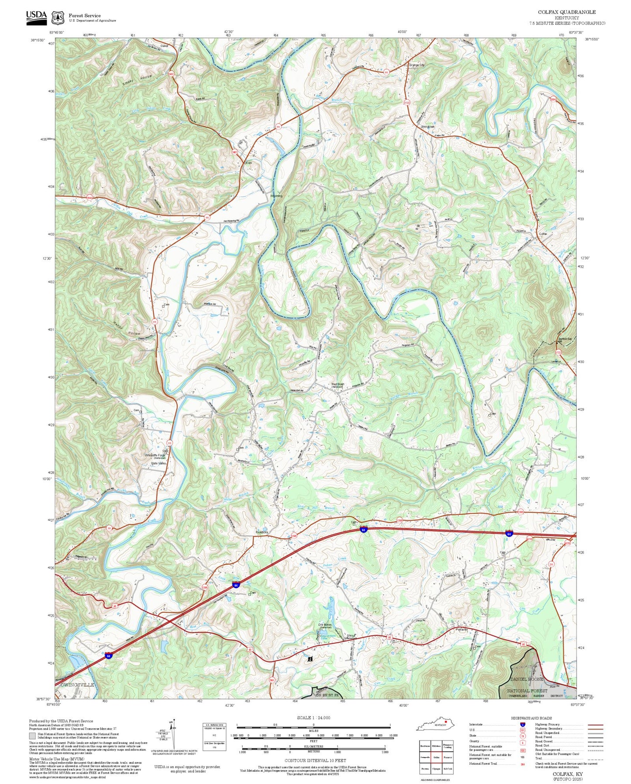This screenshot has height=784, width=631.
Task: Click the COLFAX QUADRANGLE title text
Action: pos(566,12)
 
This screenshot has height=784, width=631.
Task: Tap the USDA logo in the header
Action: pos(36,16)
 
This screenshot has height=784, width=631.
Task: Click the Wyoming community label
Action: pos(276,196)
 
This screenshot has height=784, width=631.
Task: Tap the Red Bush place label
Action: pos(338,385)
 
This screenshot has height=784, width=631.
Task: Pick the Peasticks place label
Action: pos(262,532)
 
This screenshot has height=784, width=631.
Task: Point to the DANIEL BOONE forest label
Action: pos(527,679)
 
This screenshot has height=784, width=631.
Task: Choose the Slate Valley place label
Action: pos(159,463)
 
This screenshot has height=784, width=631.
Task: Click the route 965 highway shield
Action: pos(272,680)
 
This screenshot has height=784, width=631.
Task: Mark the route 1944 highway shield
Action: pos(90,198)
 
